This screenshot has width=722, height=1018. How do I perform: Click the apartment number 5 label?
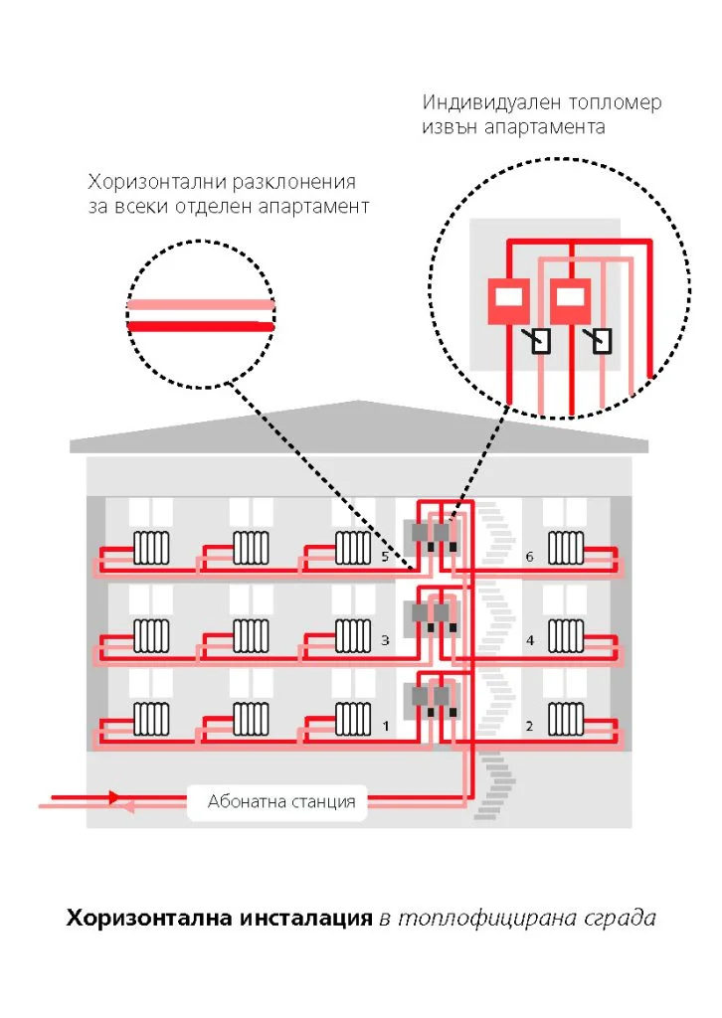click(x=385, y=557)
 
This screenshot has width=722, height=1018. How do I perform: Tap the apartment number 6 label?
click(x=529, y=557)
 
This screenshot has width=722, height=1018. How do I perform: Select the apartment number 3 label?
click(x=385, y=640)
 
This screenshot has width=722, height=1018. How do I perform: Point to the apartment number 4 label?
click(x=530, y=640)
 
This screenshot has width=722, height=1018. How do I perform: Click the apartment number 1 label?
click(x=386, y=725)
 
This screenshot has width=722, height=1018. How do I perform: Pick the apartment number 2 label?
click(x=529, y=725)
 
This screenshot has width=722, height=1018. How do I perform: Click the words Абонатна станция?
click(x=281, y=801)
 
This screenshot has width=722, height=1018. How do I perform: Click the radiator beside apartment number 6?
click(x=566, y=548)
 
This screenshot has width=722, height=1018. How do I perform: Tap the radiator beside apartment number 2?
click(x=566, y=719)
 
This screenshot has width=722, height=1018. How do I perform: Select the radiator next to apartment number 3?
click(x=353, y=635)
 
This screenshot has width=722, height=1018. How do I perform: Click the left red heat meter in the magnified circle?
click(x=508, y=300)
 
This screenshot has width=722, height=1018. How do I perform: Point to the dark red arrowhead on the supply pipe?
click(x=114, y=796)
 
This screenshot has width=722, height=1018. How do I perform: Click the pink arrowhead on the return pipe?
click(x=128, y=807)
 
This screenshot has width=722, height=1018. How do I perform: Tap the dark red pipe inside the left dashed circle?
click(x=201, y=326)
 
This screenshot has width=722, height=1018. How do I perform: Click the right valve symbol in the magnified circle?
click(x=600, y=340)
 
